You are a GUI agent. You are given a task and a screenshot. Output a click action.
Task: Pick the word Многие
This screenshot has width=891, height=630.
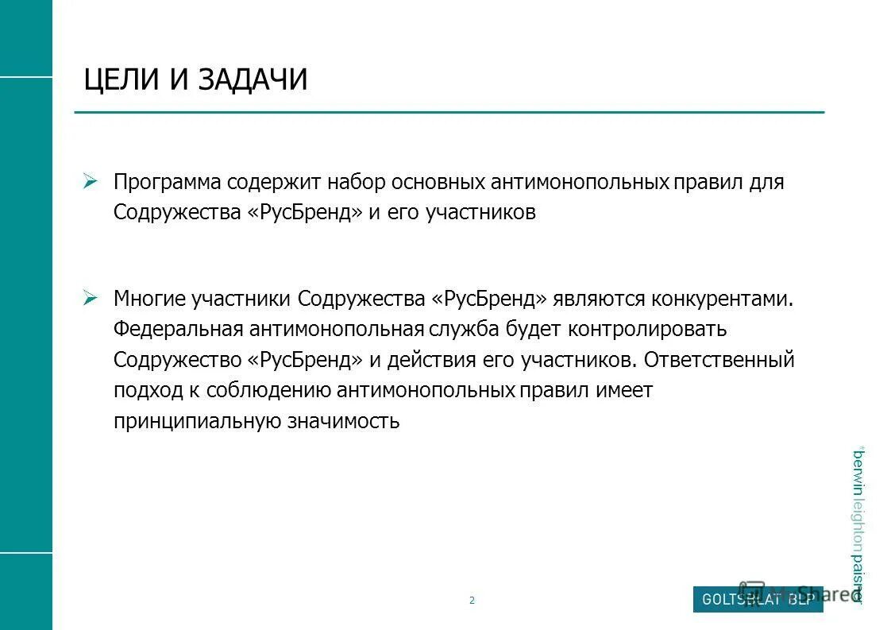click(149, 299)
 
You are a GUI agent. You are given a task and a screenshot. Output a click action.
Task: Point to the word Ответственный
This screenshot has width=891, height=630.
click(719, 360)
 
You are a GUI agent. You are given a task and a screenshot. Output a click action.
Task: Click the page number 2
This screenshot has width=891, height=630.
click(472, 601)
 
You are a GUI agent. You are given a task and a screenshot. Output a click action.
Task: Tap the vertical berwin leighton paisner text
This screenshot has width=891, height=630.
click(858, 524)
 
